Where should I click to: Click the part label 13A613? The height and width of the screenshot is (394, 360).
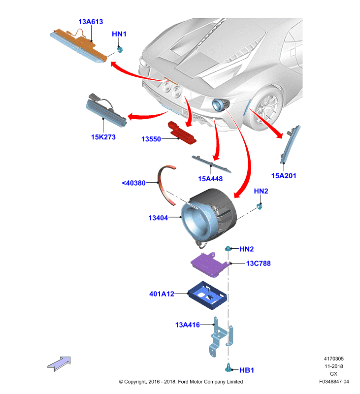91,22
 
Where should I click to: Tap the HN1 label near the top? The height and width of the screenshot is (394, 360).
119,34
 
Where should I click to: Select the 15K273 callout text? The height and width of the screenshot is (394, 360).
103,137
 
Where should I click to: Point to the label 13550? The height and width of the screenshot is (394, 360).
151,139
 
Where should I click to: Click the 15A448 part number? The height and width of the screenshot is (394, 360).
210,179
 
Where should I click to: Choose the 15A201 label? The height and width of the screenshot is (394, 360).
284,176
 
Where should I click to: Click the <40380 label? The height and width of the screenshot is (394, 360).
133,183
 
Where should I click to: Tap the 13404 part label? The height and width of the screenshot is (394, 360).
158,218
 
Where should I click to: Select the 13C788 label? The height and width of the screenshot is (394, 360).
258,263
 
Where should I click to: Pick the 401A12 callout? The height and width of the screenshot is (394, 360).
162,294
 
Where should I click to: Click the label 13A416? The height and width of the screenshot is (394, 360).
188,325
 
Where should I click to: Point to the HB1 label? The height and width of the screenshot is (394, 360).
246,370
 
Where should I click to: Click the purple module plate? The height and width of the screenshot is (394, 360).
209,264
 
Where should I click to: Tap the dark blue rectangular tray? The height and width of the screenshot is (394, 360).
207,295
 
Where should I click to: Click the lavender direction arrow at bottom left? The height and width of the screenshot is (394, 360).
59,363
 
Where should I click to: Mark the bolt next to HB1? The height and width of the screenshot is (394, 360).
228,368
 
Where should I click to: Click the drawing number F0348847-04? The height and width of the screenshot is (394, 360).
334,381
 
